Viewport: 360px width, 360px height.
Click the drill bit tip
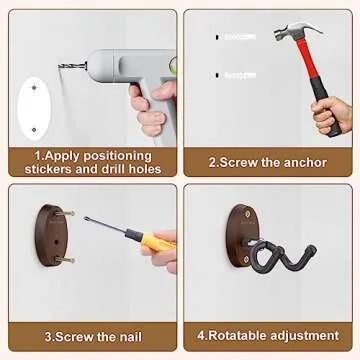pyautogui.click(x=59, y=66)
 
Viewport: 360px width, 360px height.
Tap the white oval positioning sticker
pyautogui.click(x=34, y=108)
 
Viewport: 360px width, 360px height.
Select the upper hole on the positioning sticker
pyautogui.click(x=34, y=88)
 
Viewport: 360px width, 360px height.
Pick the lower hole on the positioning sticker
pyautogui.click(x=34, y=129)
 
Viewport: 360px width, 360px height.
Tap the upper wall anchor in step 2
pyautogui.click(x=236, y=37)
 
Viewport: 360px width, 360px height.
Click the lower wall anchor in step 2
pyautogui.click(x=236, y=76)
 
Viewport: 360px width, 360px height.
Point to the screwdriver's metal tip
pyautogui.click(x=86, y=218)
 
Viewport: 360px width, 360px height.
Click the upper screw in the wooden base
pyautogui.click(x=64, y=213)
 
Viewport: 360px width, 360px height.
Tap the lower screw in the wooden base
pyautogui.click(x=64, y=259)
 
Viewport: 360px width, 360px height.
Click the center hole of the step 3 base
pyautogui.click(x=56, y=242)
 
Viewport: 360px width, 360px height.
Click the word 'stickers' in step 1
pyautogui.click(x=49, y=169)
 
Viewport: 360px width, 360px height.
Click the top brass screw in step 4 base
pyautogui.click(x=247, y=213)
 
